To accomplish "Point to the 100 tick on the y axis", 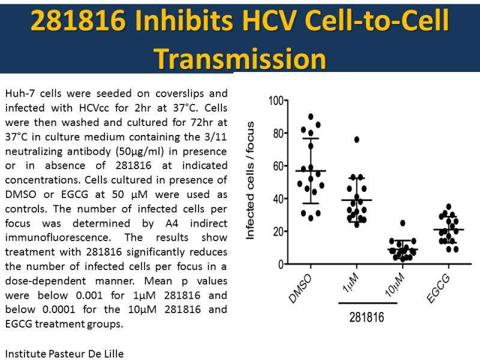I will point(274,100).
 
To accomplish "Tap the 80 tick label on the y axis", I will point(277,133).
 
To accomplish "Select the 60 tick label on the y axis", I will point(277,166).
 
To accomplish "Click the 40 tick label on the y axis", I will point(277,199).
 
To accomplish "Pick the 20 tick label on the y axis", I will point(277,232).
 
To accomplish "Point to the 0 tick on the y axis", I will point(280,264).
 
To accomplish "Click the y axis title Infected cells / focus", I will point(251,180).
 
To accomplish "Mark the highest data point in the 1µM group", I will point(356,139).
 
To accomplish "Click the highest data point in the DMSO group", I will point(311,116).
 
